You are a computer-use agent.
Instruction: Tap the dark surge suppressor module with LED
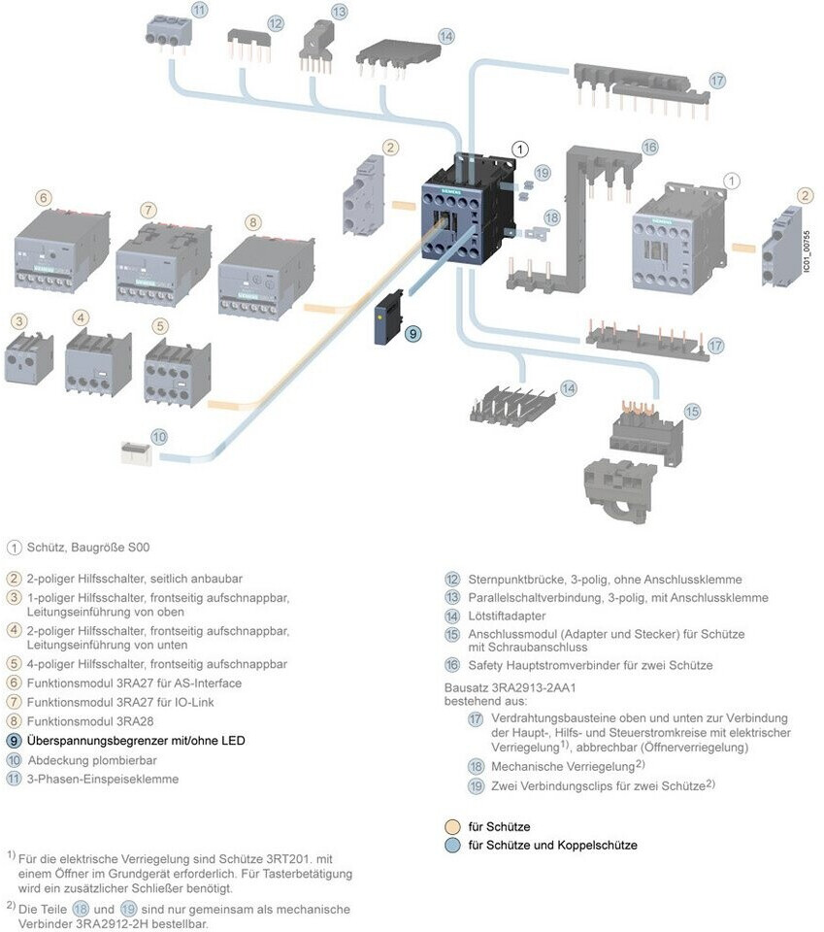[387, 317]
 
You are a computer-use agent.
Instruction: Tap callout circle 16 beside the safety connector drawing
[649, 147]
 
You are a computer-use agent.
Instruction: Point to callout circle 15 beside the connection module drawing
[691, 411]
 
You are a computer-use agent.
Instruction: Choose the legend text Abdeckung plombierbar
[92, 759]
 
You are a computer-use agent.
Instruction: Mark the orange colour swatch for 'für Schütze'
[451, 826]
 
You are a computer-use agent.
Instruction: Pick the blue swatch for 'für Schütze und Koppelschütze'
[451, 845]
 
